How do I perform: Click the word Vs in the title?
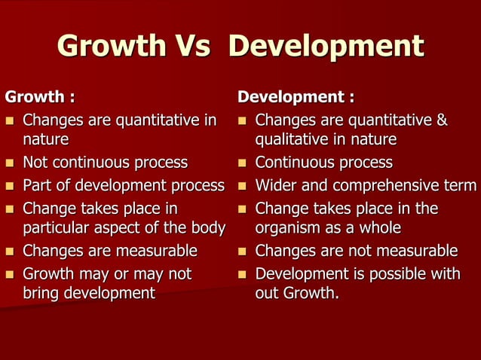pyautogui.click(x=195, y=47)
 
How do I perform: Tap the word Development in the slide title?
pyautogui.click(x=326, y=47)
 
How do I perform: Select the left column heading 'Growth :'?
pyautogui.click(x=40, y=97)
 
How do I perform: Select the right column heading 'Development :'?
pyautogui.click(x=296, y=97)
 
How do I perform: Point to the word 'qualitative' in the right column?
pyautogui.click(x=292, y=140)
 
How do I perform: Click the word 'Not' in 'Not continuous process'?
pyautogui.click(x=35, y=163)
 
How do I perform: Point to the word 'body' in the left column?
pyautogui.click(x=207, y=227)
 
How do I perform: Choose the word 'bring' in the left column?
pyautogui.click(x=42, y=292)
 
